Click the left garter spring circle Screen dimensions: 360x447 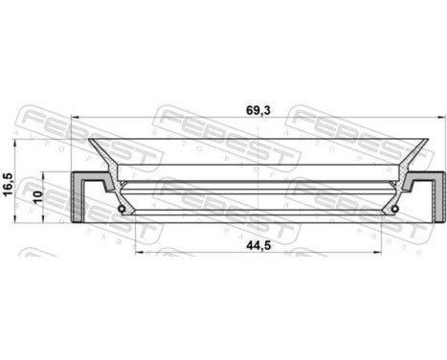coord(121,209)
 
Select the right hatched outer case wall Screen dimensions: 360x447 coord(435,195)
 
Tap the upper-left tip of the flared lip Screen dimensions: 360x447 coord(92,141)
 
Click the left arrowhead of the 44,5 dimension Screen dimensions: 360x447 coord(136,253)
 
